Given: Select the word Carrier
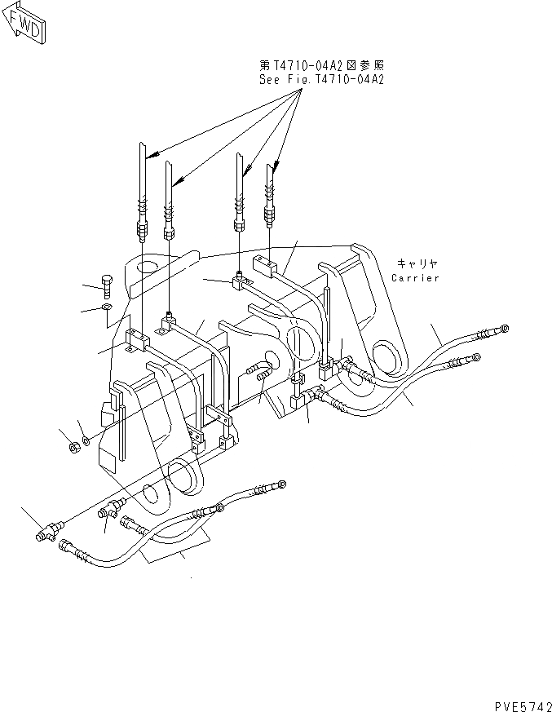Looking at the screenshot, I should point(415,278).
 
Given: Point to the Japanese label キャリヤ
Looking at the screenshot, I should point(417,263).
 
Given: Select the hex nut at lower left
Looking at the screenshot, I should point(71,446).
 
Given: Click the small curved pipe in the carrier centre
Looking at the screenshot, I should point(258,370).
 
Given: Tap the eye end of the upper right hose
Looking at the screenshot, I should point(505,328).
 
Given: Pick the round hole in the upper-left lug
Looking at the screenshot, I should point(147,267).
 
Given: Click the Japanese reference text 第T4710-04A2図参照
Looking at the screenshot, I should point(321,65).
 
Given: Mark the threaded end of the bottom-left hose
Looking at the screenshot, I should point(73,554).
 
